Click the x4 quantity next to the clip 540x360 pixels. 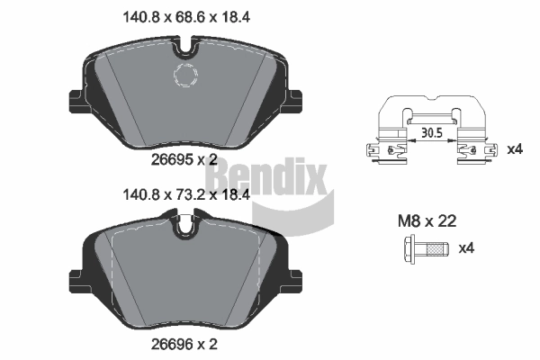pyautogui.click(x=515, y=148)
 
